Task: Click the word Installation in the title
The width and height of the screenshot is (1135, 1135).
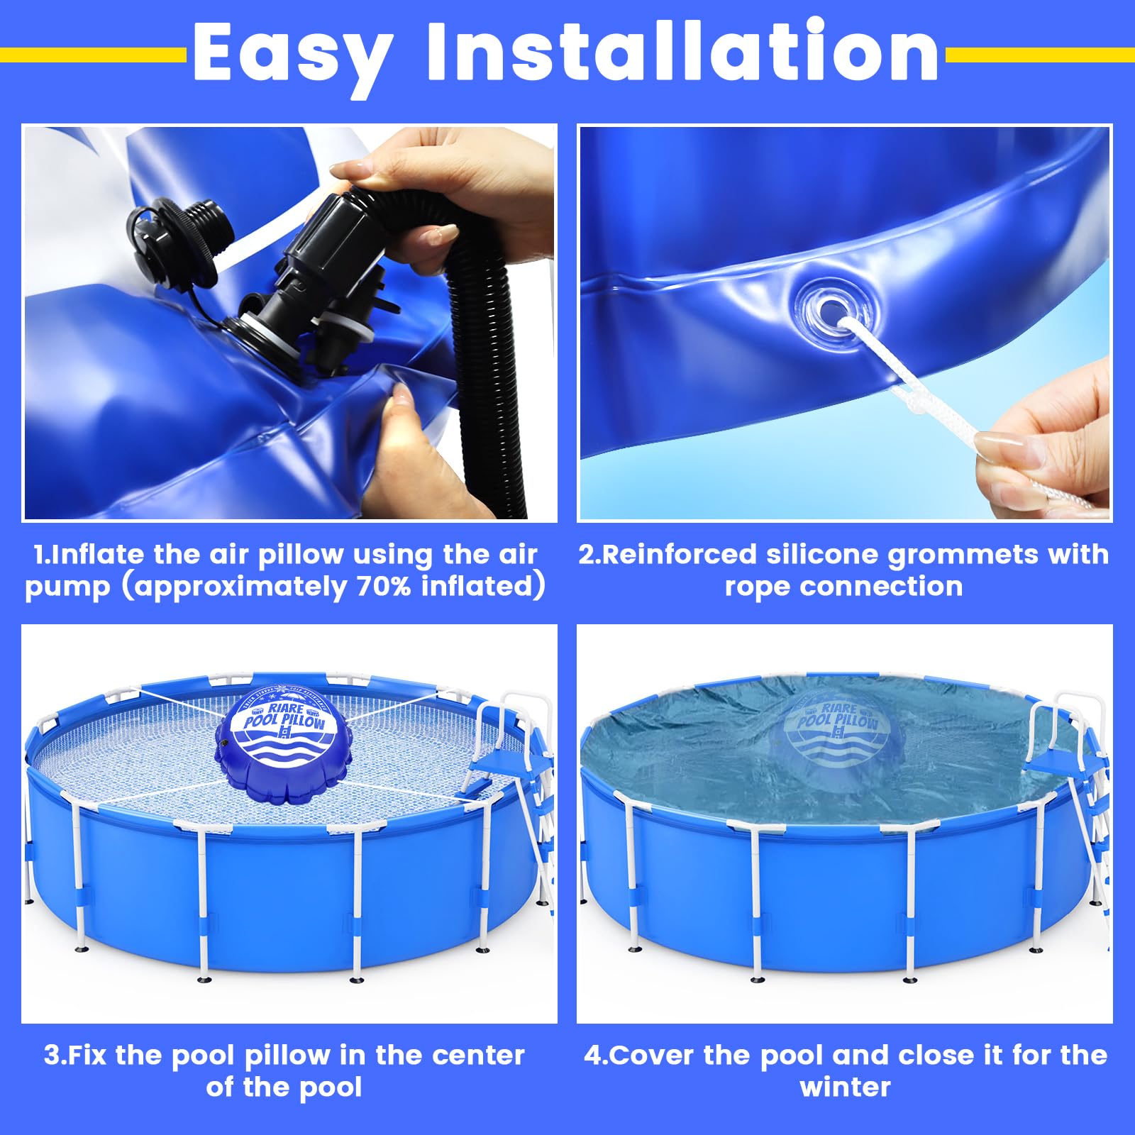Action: point(682,51)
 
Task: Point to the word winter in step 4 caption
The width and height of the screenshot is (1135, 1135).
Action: point(845,1087)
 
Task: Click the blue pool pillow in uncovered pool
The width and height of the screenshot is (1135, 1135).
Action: point(282,745)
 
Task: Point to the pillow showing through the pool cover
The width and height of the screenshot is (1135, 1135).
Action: point(837,738)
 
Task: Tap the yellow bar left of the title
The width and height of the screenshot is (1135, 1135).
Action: point(92,55)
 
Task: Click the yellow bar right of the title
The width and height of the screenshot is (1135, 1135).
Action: point(1039,55)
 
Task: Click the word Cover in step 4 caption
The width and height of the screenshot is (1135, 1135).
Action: point(653,1056)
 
